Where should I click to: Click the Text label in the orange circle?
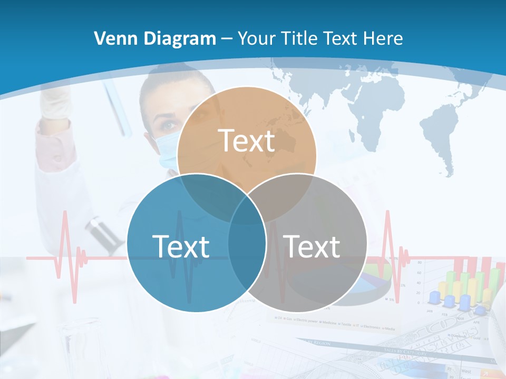pos(247,141)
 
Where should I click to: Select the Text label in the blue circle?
pos(181,246)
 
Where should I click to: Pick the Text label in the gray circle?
pos(312,246)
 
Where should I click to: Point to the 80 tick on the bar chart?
pos(419,262)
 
